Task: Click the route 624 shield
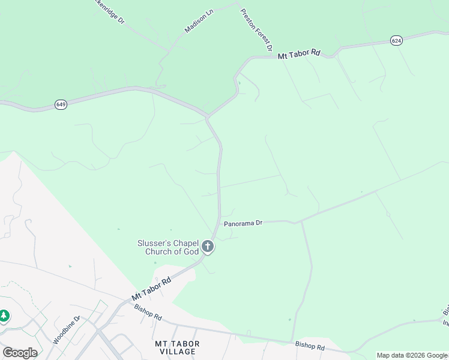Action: coord(396,40)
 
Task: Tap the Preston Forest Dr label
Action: coord(258,29)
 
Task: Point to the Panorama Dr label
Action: coord(243,223)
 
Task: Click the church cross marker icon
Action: coord(208,246)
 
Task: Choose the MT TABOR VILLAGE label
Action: coord(177,347)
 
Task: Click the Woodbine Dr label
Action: coord(66,330)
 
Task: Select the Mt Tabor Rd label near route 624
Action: coord(299,54)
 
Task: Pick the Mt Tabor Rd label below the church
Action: coord(151,289)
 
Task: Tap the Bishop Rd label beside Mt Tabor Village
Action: coord(148,312)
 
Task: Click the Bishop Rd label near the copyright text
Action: coord(310,347)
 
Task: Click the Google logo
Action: coord(20,353)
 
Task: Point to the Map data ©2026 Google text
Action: coord(412,355)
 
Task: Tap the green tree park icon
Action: coord(4,316)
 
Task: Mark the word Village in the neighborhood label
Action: coord(177,352)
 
